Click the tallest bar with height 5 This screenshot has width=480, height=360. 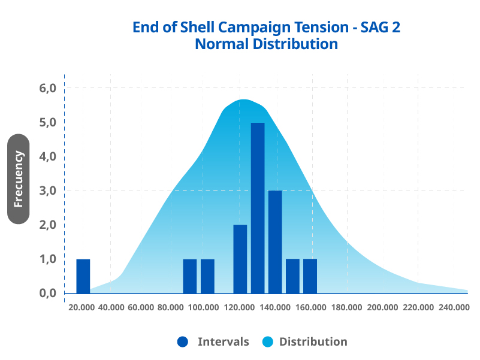pyautogui.click(x=258, y=208)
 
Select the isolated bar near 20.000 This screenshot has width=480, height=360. pyautogui.click(x=83, y=276)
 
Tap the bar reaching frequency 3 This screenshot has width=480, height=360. pyautogui.click(x=275, y=242)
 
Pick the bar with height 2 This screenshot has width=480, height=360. pyautogui.click(x=240, y=259)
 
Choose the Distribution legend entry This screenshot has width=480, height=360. pyautogui.click(x=313, y=342)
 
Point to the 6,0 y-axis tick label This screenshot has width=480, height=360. pyautogui.click(x=47, y=88)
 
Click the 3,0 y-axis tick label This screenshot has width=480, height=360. pyautogui.click(x=47, y=191)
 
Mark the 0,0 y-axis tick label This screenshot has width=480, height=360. pyautogui.click(x=47, y=294)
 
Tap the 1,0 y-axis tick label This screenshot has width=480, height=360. pyautogui.click(x=47, y=259)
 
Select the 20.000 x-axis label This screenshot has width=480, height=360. pyautogui.click(x=81, y=307)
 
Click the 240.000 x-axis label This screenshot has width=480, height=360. pyautogui.click(x=454, y=307)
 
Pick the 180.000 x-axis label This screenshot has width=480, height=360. pyautogui.click(x=347, y=307)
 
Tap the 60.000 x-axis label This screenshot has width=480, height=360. pyautogui.click(x=141, y=307)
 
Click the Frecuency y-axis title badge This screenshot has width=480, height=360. pyautogui.click(x=19, y=179)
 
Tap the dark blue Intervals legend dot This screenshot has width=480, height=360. pyautogui.click(x=183, y=342)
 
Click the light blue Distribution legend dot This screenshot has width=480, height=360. pyautogui.click(x=268, y=342)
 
